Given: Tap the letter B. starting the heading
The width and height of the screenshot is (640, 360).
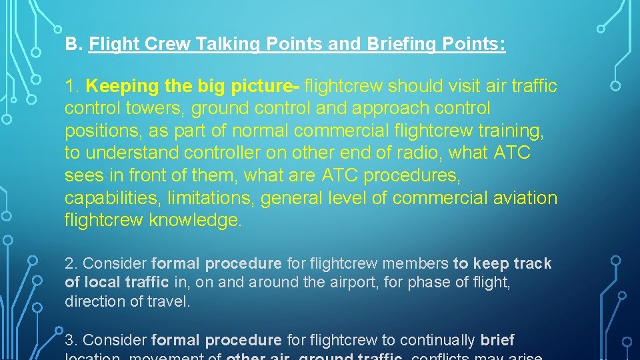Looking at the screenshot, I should pos(73,45).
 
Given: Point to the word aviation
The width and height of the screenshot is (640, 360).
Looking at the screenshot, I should pos(524,198).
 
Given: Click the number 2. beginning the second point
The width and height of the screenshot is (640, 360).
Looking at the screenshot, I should pos(71,264).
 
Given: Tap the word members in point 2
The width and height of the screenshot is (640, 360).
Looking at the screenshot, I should pos(420,264).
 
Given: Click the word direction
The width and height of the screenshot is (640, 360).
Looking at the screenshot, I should pos(93,301).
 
